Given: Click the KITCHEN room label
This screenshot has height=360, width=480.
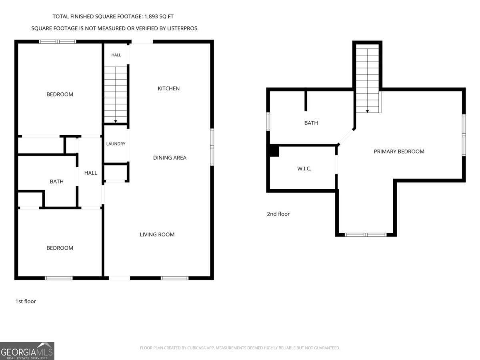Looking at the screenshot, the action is point(169,88).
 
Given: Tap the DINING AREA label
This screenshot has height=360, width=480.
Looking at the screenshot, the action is point(170,158).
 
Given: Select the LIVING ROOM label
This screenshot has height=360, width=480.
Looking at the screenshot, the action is point(157,234).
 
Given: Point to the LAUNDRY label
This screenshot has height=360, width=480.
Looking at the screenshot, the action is point(116,144).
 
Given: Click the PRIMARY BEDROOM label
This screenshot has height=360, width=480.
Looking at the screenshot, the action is point(399,152).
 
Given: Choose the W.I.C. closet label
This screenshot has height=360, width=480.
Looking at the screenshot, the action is point(304,169).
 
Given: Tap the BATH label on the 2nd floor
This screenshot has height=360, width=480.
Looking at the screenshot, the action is point(311,123).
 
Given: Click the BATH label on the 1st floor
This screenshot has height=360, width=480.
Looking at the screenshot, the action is point(57,182).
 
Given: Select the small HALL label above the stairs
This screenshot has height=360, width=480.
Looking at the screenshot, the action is point(116,55).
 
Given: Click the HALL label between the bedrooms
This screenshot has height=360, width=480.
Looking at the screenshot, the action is point(90,173).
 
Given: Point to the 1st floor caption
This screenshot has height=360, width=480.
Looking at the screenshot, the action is point(26,301).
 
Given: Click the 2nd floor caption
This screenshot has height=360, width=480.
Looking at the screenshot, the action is point(278,214).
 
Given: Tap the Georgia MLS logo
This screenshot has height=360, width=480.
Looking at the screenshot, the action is point(27,351).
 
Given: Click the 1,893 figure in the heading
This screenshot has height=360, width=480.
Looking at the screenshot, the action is point(151,17).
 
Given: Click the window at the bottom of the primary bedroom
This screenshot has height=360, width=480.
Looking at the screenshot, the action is point(366,235).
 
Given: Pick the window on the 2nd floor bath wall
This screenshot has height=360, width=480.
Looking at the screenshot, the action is point(268,122).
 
